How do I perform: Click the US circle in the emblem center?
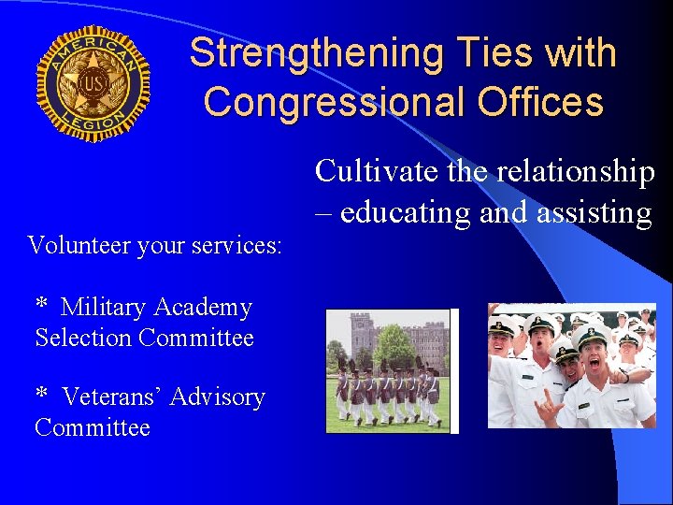[x=93, y=83]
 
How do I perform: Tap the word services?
[x=237, y=245]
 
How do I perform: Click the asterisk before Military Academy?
[x=42, y=306]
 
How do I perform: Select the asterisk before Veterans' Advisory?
[x=42, y=395]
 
